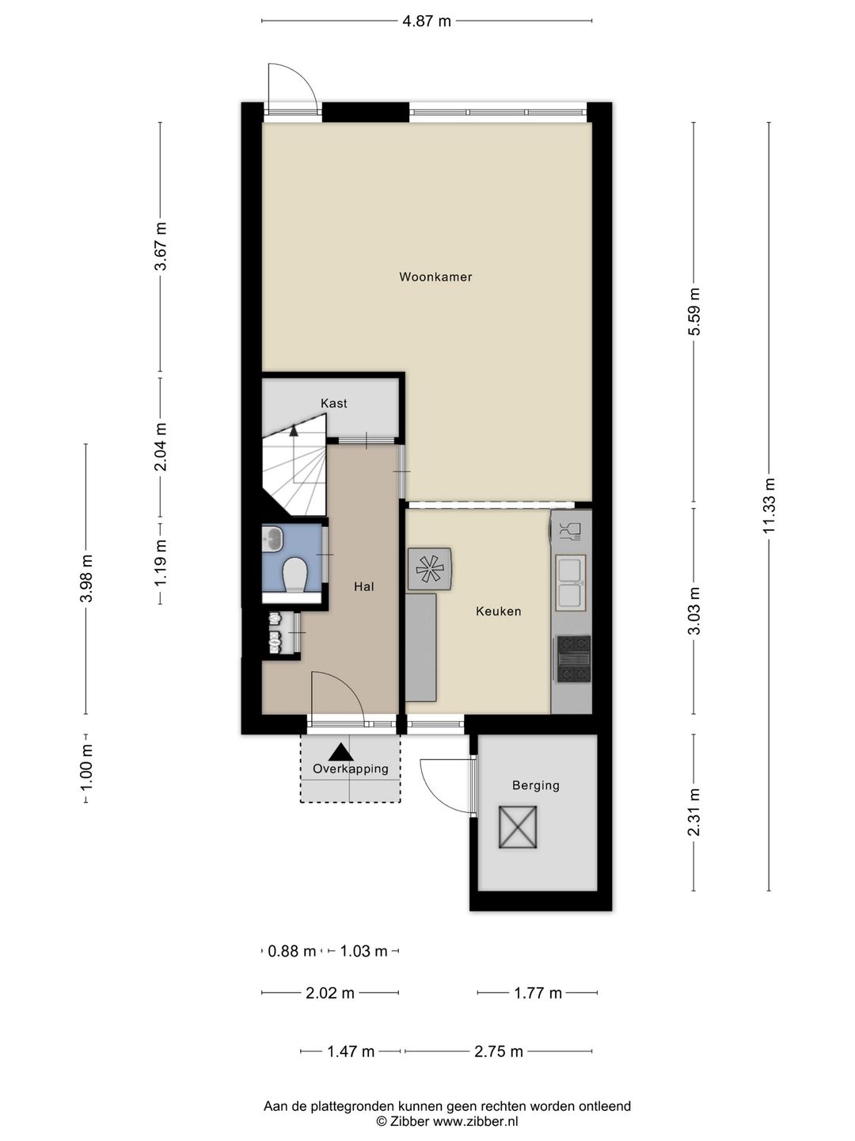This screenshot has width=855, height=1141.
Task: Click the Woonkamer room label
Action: (435, 277)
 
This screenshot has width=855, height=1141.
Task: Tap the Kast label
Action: (334, 403)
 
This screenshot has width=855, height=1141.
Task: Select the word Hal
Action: (364, 586)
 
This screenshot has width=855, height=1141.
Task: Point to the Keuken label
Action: (499, 611)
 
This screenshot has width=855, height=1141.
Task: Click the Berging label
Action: (536, 785)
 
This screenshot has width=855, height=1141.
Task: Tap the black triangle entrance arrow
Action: (340, 752)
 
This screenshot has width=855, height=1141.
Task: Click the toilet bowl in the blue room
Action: (294, 575)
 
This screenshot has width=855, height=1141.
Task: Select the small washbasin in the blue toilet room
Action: (272, 538)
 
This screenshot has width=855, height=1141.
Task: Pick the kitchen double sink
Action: (571, 582)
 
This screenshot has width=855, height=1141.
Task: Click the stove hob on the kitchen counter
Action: (573, 658)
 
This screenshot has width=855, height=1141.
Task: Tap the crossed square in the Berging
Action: (518, 826)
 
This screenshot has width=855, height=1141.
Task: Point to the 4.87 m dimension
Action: (427, 21)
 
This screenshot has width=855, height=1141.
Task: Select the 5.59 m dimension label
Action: (694, 311)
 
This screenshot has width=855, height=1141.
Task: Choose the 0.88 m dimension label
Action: (292, 952)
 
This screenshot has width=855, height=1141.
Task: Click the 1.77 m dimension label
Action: (538, 994)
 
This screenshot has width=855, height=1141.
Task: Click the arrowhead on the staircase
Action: (294, 430)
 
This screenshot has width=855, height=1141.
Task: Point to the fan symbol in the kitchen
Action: (429, 569)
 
